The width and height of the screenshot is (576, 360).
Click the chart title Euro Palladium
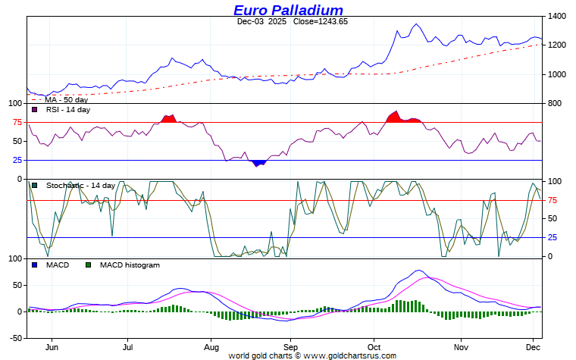[x=288, y=10]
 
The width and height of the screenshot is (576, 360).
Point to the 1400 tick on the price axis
[x=557, y=16]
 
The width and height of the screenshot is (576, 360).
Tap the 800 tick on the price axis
[x=555, y=104]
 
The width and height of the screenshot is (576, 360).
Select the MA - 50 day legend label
[x=66, y=99]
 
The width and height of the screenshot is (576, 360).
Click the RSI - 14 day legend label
[x=68, y=110]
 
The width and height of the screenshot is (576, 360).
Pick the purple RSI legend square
[x=34, y=110]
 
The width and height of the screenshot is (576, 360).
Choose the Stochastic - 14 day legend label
[x=80, y=186]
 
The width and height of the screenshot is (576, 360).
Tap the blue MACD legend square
[x=34, y=265]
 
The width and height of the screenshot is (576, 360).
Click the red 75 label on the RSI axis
[x=17, y=122]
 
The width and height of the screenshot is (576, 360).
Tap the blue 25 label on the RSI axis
[x=17, y=160]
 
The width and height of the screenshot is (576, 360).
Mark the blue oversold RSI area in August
[x=258, y=163]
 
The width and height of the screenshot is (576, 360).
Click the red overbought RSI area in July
[x=169, y=118]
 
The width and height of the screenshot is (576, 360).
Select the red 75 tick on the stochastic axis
[x=553, y=200]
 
